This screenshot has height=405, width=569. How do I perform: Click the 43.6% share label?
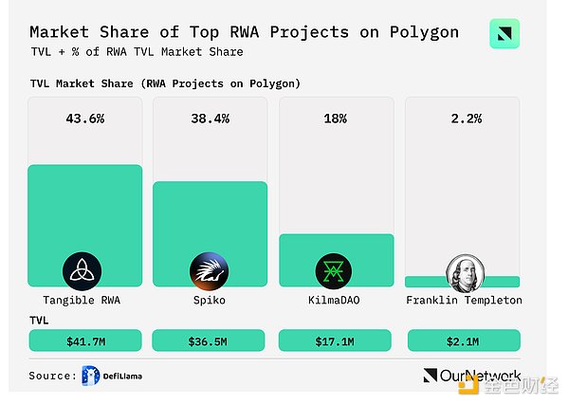pos(84,120)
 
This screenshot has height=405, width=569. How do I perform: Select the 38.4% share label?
pos(210,120)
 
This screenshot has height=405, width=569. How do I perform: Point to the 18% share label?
pos(335,120)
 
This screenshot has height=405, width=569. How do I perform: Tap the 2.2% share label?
pos(462,120)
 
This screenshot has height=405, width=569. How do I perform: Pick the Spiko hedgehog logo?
pos(209,271)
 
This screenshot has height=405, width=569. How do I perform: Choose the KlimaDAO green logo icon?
pos(335,271)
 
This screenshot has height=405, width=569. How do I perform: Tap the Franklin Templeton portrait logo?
pos(463,271)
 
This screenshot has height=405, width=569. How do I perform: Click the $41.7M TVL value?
pos(84,341)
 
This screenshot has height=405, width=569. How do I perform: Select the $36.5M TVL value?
pos(210,341)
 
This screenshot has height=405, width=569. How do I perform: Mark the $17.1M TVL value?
pos(335,341)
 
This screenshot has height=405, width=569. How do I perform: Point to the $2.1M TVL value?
pos(462,341)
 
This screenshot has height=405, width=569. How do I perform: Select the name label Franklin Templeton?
pos(463,301)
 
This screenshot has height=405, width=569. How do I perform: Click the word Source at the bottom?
pos(51,377)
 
